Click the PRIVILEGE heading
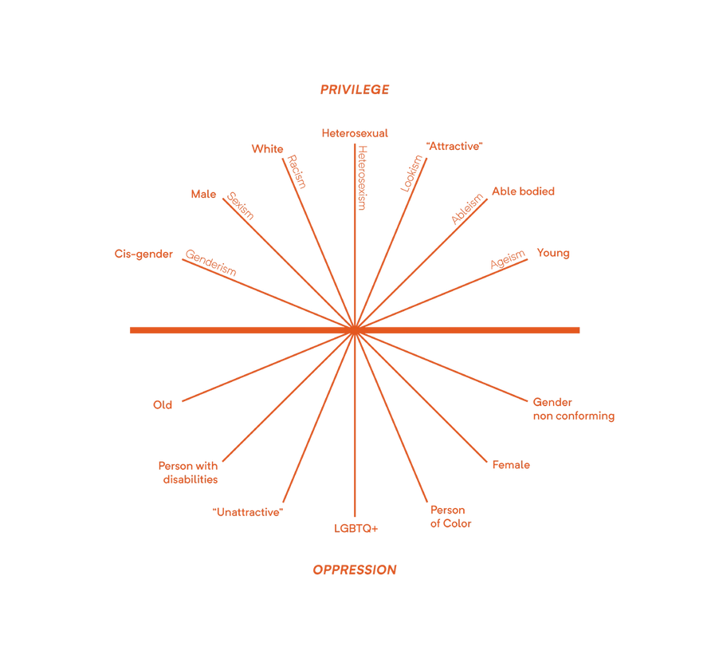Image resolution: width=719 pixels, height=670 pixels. pyautogui.click(x=355, y=89)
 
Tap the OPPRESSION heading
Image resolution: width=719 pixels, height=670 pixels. pyautogui.click(x=355, y=570)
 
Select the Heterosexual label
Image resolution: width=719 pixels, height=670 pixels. pyautogui.click(x=355, y=132)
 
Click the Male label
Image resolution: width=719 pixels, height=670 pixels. pyautogui.click(x=202, y=194)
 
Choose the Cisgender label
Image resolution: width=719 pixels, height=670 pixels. pyautogui.click(x=143, y=254)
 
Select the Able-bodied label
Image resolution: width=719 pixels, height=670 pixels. pyautogui.click(x=524, y=191)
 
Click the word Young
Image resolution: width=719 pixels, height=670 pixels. pyautogui.click(x=552, y=254)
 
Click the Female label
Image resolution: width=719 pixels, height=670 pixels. pyautogui.click(x=511, y=465)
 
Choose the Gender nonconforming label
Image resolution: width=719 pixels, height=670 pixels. pyautogui.click(x=573, y=409)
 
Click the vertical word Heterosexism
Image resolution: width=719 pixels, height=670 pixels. pyautogui.click(x=363, y=177)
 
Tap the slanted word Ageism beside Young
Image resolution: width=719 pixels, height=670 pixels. pyautogui.click(x=508, y=260)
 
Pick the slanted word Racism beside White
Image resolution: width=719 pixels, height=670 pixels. pyautogui.click(x=294, y=170)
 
